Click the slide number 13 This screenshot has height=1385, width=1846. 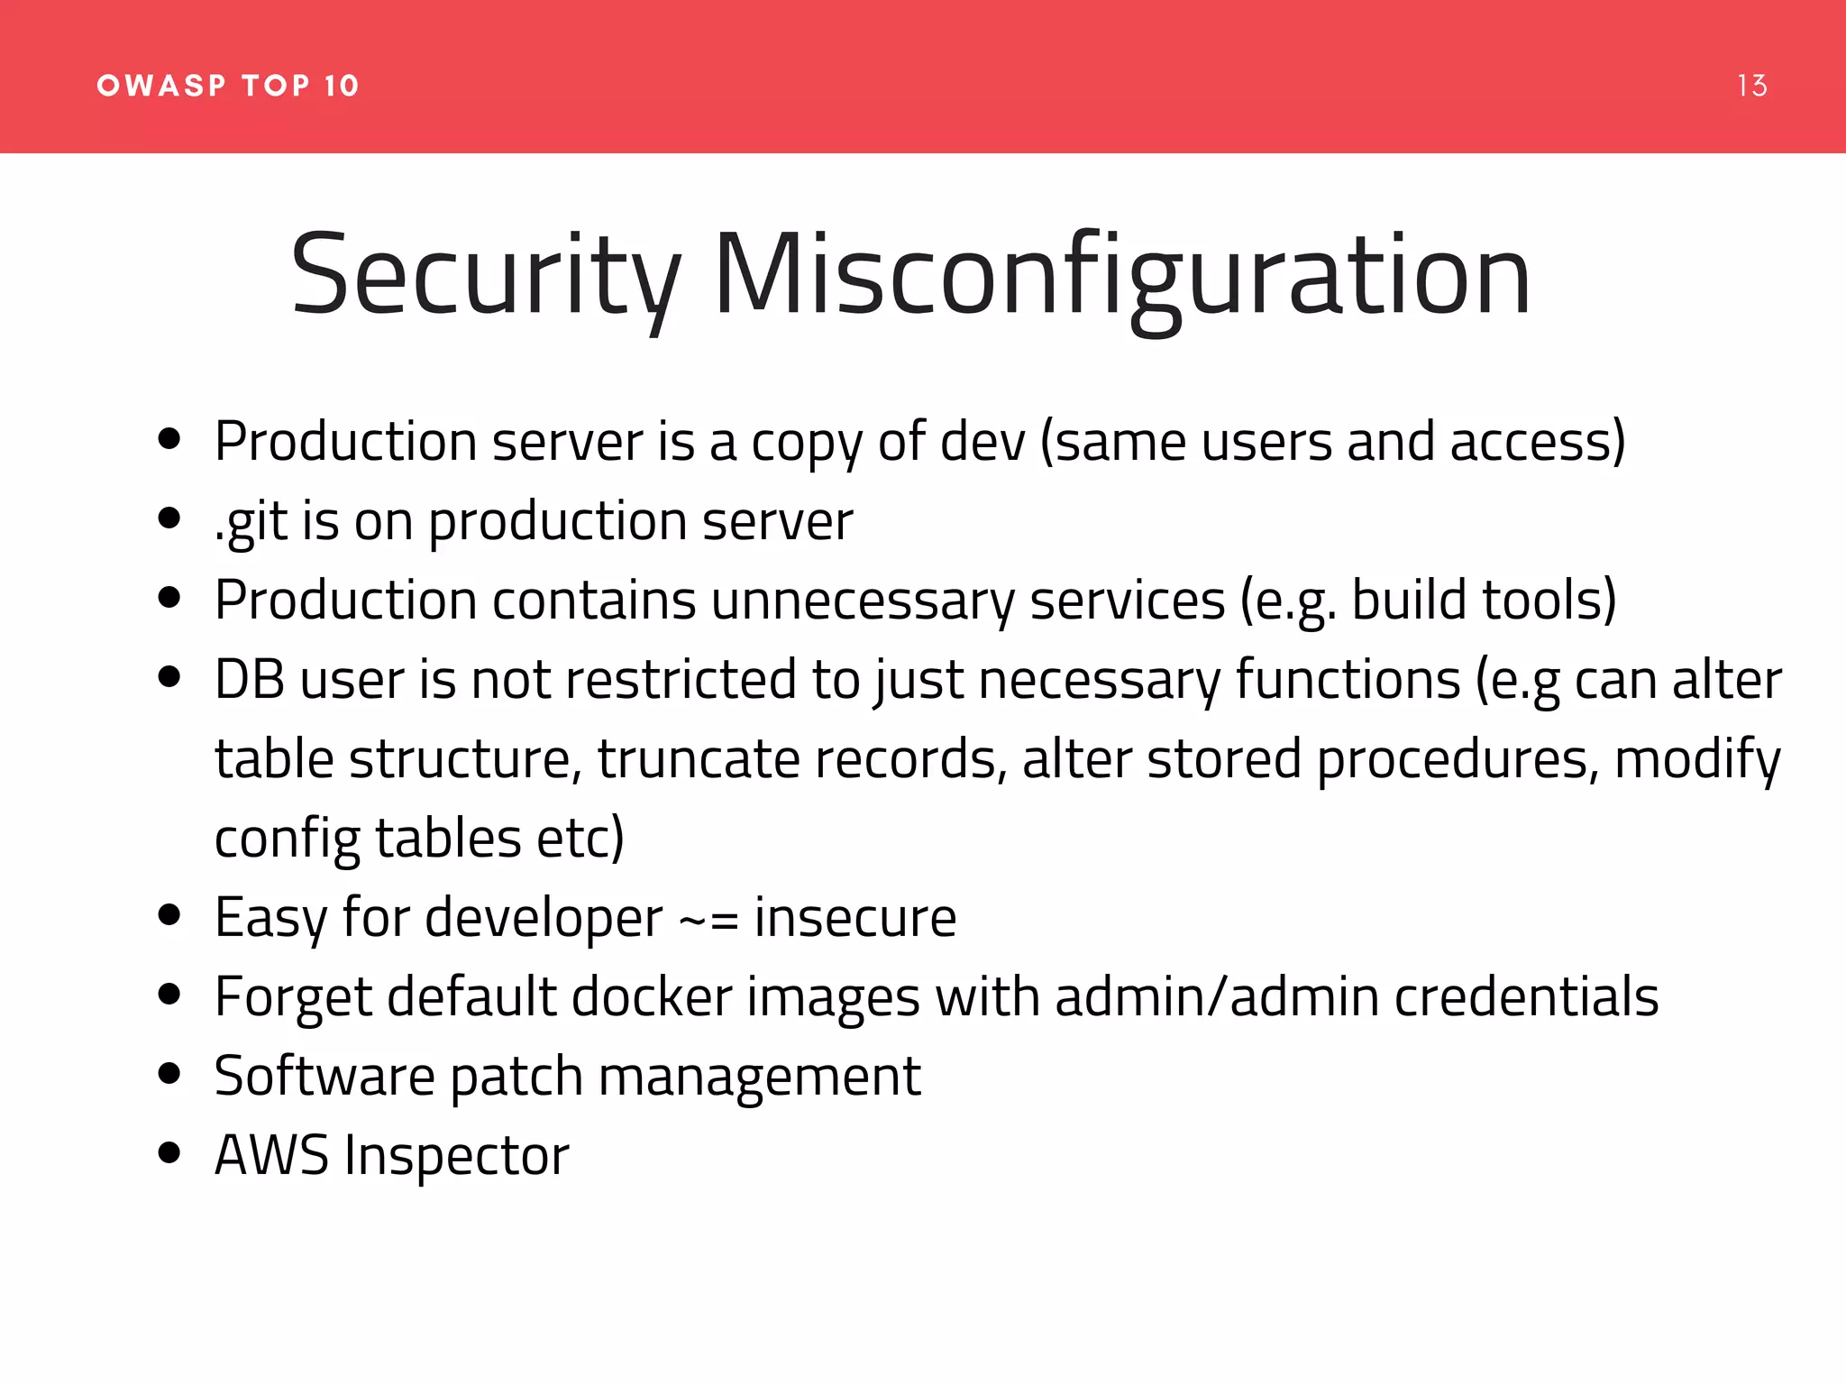(1751, 86)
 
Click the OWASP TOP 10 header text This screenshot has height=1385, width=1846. (228, 86)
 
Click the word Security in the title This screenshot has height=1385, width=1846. (485, 275)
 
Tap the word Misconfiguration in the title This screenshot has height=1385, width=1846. (1121, 275)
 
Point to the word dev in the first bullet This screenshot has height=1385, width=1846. (982, 442)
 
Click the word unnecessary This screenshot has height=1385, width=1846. (862, 601)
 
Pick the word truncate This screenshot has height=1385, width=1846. (698, 759)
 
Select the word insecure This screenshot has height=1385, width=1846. (854, 918)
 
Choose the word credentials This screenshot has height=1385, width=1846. (1526, 997)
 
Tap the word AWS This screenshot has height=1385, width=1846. (271, 1156)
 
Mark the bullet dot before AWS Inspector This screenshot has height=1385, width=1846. (169, 1152)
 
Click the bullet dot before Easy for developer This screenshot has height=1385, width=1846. (169, 914)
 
